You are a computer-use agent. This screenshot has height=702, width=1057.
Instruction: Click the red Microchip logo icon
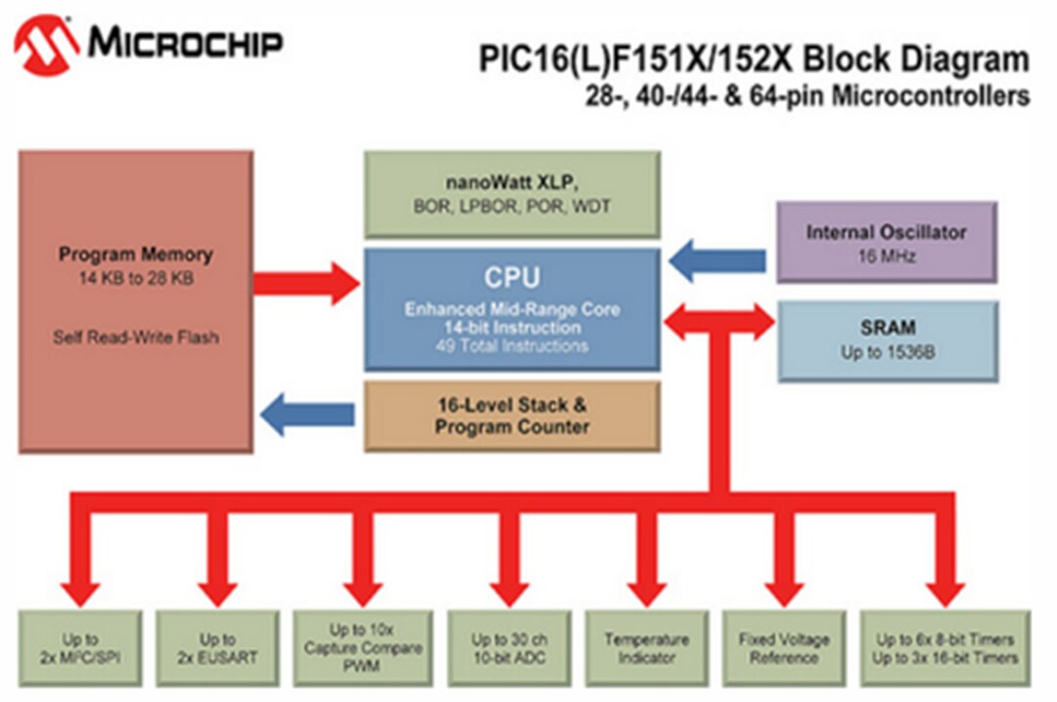(x=45, y=44)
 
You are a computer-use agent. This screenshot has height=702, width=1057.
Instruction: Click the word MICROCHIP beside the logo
(x=186, y=43)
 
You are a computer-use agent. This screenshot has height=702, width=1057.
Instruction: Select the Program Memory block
(x=135, y=301)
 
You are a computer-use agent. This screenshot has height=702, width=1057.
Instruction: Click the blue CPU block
(x=512, y=308)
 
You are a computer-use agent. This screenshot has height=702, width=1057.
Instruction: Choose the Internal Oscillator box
(x=886, y=242)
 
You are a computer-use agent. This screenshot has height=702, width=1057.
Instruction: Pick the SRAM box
(x=888, y=340)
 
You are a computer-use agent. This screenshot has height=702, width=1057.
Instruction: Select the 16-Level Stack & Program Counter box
(x=512, y=415)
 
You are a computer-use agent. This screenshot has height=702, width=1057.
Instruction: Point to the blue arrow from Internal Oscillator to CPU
(x=718, y=259)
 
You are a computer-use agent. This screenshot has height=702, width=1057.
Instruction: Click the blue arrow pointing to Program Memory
(x=309, y=414)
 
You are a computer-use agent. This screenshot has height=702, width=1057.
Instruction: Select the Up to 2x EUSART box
(x=218, y=648)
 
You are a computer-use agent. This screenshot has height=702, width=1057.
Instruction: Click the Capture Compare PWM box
(x=362, y=647)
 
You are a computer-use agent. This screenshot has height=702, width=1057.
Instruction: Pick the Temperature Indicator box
(x=646, y=648)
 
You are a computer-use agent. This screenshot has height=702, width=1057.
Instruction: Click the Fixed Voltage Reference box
(x=783, y=648)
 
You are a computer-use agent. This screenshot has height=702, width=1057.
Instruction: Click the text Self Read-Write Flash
(x=135, y=338)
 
